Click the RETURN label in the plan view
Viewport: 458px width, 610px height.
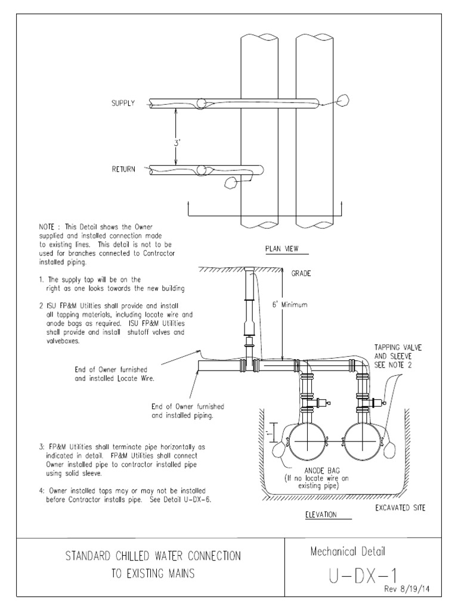[x=124, y=169]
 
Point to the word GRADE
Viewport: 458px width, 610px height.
[x=302, y=275]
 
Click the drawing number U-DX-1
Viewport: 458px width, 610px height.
[x=363, y=576]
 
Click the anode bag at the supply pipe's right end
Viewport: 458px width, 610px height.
[x=343, y=101]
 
